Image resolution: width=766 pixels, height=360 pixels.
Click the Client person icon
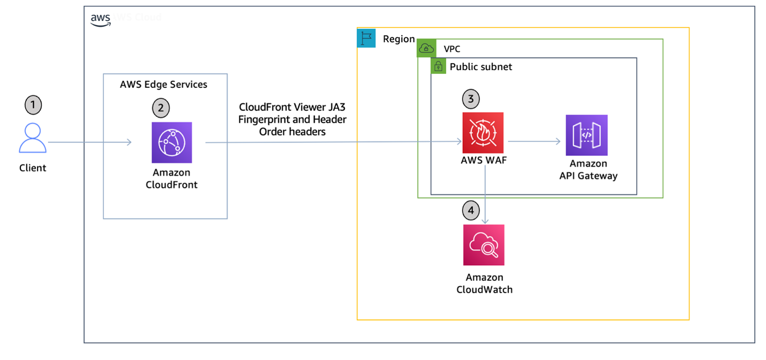pos(33,139)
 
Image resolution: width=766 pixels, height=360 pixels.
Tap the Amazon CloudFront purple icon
pos(171,142)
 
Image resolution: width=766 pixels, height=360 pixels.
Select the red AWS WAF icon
pos(483,133)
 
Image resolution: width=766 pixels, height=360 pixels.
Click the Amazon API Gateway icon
pos(587,135)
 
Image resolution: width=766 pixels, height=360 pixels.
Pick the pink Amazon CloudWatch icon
pos(484,245)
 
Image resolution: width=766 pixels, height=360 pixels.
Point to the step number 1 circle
pos(33,105)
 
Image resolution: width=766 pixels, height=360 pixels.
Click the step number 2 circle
pos(160,108)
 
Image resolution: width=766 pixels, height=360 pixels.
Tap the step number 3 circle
pos(471,99)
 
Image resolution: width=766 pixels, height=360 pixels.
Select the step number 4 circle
pos(471,211)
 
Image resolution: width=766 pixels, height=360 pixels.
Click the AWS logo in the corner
pos(100,19)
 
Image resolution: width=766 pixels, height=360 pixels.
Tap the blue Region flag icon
pos(366,39)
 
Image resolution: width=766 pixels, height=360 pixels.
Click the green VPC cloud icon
pos(427,49)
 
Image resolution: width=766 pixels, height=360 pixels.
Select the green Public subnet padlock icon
pos(438,66)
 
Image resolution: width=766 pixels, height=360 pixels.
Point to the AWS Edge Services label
pos(163,85)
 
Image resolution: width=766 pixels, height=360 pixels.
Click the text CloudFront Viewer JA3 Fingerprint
pos(292,112)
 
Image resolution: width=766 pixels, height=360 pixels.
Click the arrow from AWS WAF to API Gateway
pos(534,142)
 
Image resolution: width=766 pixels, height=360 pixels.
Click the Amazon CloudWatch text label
pos(484,283)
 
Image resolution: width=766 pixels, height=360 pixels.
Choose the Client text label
pos(33,168)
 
